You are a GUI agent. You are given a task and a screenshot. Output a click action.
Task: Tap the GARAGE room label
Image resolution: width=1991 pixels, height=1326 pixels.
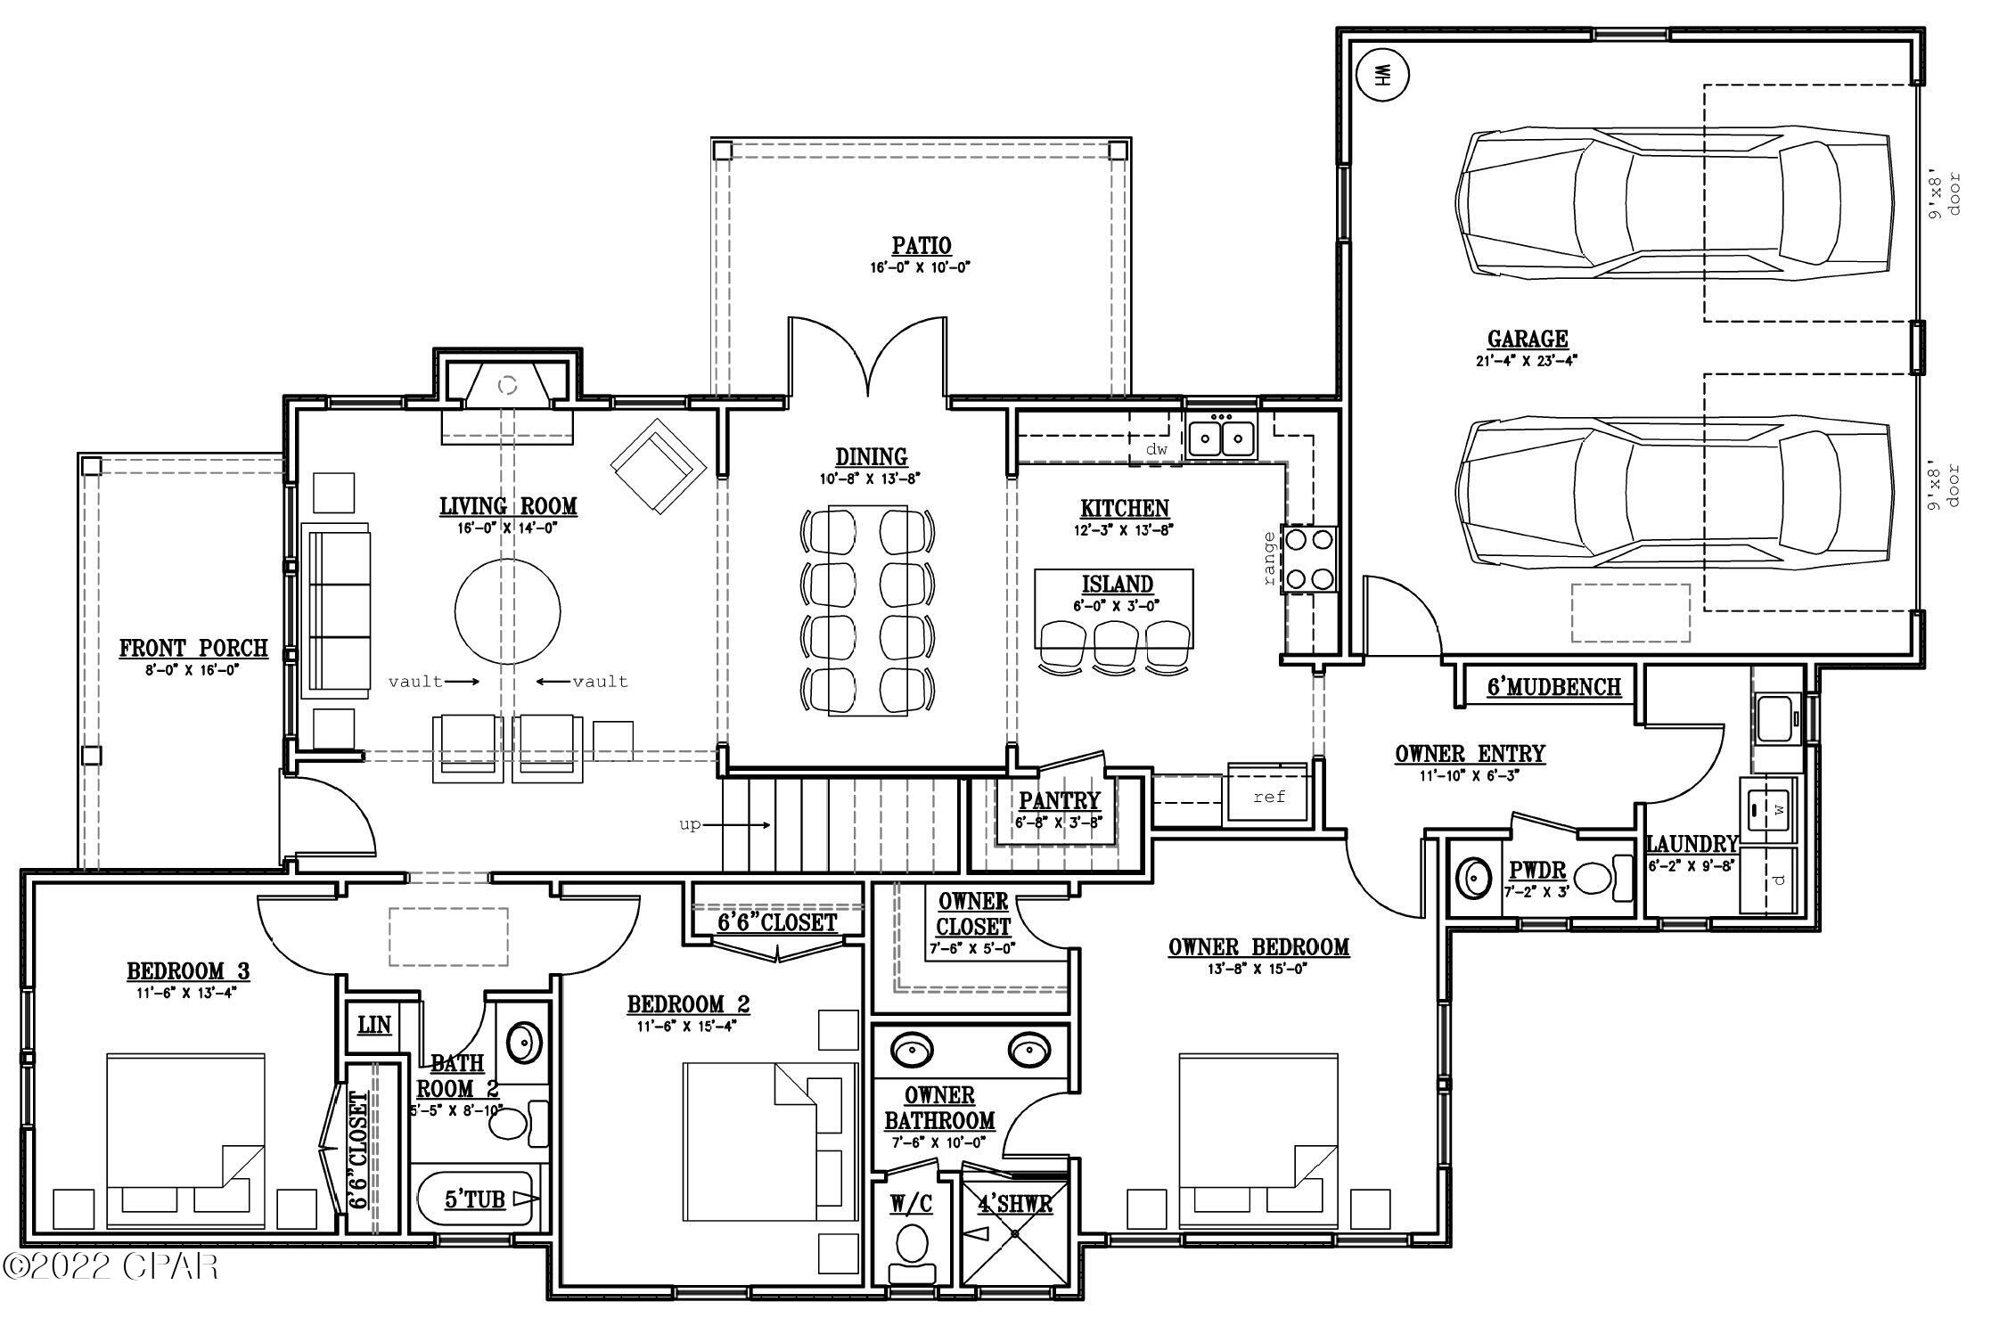coord(1528,339)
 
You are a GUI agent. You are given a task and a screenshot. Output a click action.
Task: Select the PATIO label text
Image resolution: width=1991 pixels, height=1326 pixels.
coord(922,246)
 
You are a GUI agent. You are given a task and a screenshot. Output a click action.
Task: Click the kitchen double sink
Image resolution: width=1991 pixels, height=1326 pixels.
coord(1221,438)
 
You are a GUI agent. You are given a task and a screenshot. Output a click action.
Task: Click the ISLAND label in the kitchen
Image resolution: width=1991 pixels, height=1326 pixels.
coord(1117,585)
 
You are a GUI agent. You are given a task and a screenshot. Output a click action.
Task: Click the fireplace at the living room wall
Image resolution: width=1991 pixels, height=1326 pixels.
coord(507,385)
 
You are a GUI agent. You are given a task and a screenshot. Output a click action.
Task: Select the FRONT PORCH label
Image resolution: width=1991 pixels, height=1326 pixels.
coord(193,648)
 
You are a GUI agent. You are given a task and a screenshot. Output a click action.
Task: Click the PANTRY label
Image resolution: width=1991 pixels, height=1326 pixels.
coord(1060,800)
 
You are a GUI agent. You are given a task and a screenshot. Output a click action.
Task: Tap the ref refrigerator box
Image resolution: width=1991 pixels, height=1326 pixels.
coord(1268,796)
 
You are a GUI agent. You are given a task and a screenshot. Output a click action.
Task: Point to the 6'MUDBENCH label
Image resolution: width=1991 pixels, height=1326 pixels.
coord(1553,687)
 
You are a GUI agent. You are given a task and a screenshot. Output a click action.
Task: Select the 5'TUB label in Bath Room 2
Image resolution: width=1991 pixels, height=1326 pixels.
coord(475,1200)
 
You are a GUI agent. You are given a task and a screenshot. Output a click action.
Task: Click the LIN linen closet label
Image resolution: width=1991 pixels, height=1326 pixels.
coord(374,1025)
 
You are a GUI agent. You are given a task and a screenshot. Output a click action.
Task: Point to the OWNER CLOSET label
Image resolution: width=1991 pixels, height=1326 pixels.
coord(973,914)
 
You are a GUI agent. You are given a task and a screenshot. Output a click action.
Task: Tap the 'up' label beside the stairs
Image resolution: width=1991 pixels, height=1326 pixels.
coord(690,824)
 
